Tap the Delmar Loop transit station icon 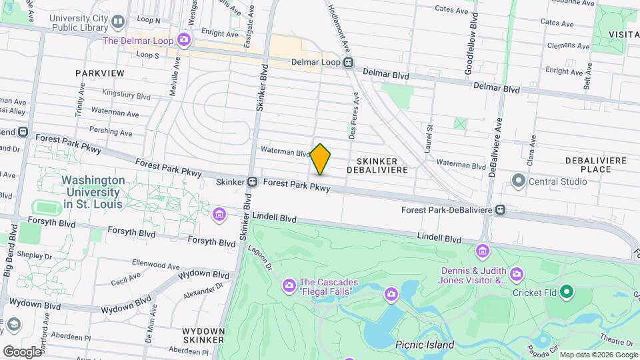(x=348, y=62)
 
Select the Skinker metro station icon (x=253, y=181)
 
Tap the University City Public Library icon (x=118, y=22)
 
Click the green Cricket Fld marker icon (x=567, y=291)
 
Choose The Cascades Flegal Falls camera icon (x=289, y=286)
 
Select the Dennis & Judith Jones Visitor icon (x=516, y=274)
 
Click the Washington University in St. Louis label (x=93, y=192)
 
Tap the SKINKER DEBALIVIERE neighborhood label (x=377, y=165)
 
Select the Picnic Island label (x=425, y=345)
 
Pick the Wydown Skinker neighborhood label (x=203, y=335)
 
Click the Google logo (x=21, y=351)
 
